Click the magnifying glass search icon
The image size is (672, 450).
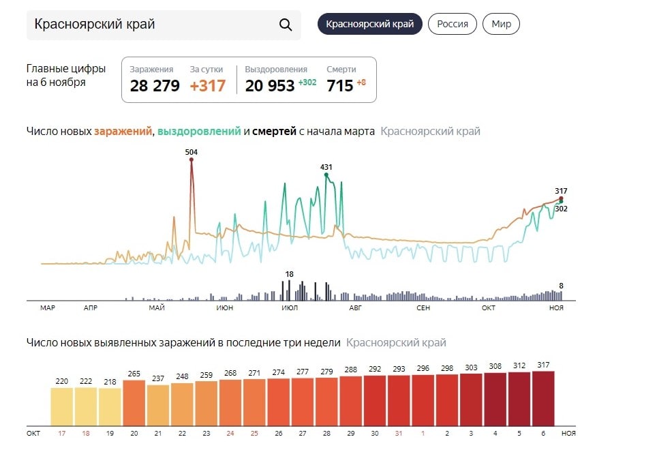tap(286, 25)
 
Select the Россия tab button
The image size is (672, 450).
tap(453, 25)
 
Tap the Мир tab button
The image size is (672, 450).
tap(501, 25)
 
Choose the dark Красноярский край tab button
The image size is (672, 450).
tap(370, 25)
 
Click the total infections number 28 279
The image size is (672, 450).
tap(155, 86)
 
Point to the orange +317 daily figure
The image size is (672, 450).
tap(207, 86)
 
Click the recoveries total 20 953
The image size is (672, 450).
tap(270, 86)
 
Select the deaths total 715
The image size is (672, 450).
tap(340, 86)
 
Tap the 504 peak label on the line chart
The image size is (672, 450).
tap(192, 152)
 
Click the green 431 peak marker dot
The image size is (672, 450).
tap(326, 175)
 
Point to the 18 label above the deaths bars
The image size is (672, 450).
tap(290, 274)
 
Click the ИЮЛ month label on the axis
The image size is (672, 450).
tap(289, 308)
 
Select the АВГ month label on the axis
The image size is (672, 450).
tap(355, 308)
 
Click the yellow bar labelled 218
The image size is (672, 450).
tap(110, 407)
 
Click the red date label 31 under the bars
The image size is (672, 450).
tap(399, 433)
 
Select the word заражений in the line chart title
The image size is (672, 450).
tap(123, 131)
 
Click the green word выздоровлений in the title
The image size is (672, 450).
tap(199, 131)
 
